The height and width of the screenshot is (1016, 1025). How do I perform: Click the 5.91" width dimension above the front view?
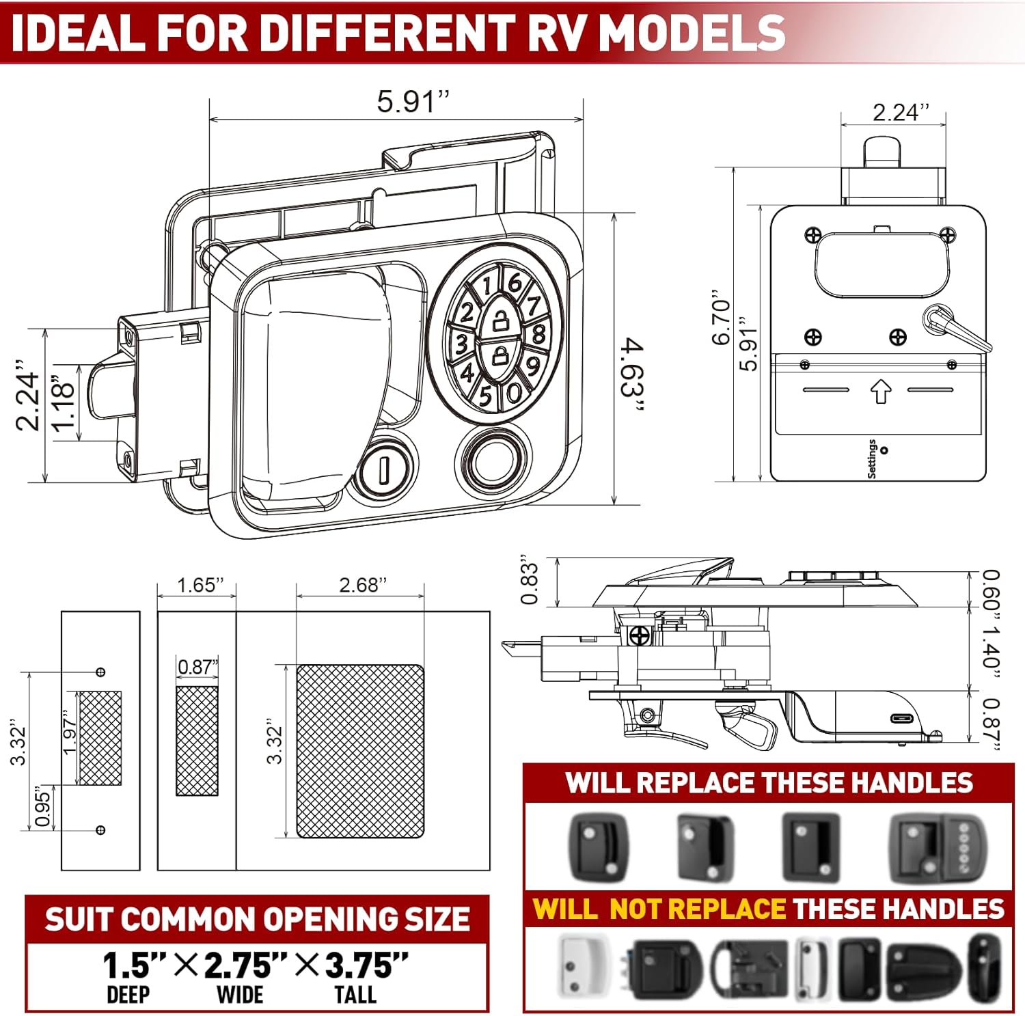click(413, 102)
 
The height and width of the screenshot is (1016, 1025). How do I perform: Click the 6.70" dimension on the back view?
click(722, 321)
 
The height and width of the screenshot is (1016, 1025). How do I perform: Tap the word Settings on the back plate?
click(872, 458)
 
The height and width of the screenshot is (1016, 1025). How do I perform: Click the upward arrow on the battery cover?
click(881, 392)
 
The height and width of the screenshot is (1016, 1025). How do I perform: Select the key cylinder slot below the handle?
click(383, 469)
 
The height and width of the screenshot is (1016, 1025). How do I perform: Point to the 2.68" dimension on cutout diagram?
click(363, 585)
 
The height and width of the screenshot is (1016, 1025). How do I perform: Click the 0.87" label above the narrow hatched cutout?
click(197, 667)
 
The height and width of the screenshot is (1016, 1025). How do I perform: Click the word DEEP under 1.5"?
click(128, 995)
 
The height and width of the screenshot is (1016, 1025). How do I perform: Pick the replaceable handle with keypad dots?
click(938, 847)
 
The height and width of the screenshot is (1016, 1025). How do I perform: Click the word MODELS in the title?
click(692, 33)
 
